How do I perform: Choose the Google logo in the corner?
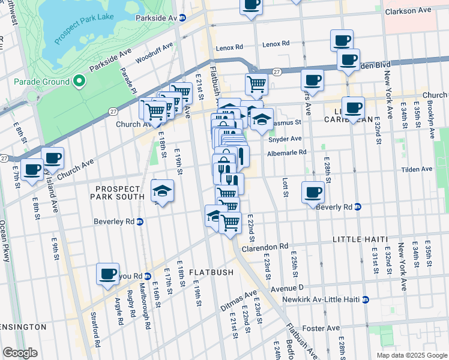tap(20, 353)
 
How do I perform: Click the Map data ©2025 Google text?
tap(411, 355)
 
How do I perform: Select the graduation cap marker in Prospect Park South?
tap(162, 191)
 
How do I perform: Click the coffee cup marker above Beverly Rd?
tap(313, 193)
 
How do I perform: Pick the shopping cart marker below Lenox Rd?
tap(256, 85)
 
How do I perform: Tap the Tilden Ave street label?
tap(418, 169)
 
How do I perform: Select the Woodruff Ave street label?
tap(154, 52)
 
